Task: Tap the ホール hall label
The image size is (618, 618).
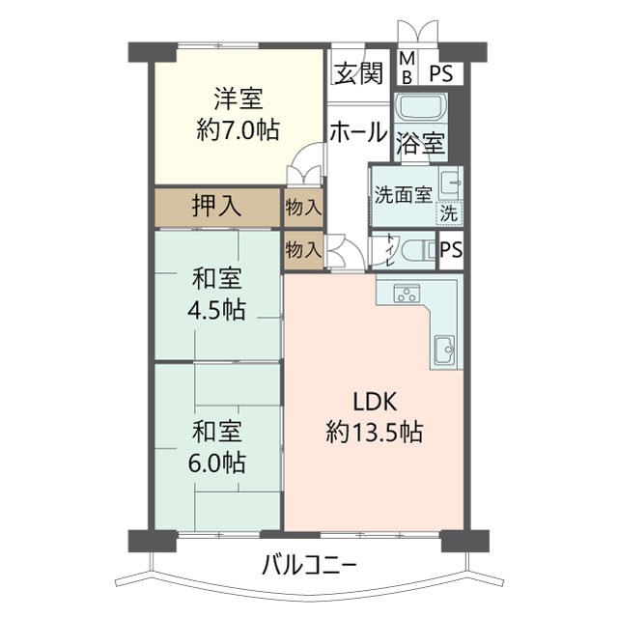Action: (358, 134)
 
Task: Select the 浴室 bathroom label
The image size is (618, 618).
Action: (421, 145)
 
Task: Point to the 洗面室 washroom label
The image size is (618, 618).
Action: (403, 193)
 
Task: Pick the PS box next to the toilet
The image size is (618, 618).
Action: (450, 250)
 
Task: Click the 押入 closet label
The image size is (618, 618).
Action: (216, 206)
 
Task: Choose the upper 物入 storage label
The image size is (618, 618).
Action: (304, 207)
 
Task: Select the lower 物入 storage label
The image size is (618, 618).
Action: (304, 249)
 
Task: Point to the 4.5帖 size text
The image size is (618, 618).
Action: (216, 310)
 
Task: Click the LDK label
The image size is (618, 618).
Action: (372, 403)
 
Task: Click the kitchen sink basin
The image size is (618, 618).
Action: (445, 350)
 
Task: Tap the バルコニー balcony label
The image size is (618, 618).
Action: (309, 565)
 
